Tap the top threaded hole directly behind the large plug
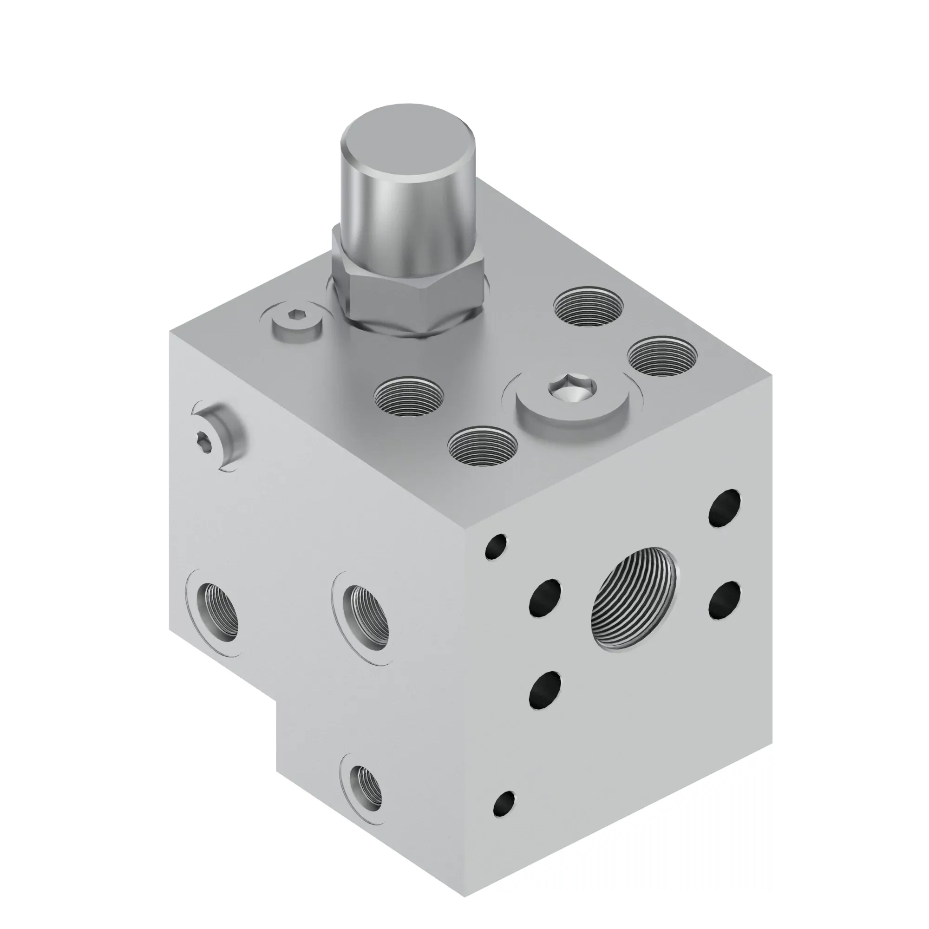pyautogui.click(x=588, y=307)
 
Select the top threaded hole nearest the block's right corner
pyautogui.click(x=662, y=356)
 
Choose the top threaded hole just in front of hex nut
pyautogui.click(x=409, y=396)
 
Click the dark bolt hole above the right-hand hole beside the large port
pyautogui.click(x=725, y=508)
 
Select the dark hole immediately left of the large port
pyautogui.click(x=545, y=597)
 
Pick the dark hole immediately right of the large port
pyautogui.click(x=725, y=600)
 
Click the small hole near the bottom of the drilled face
pyautogui.click(x=504, y=804)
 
